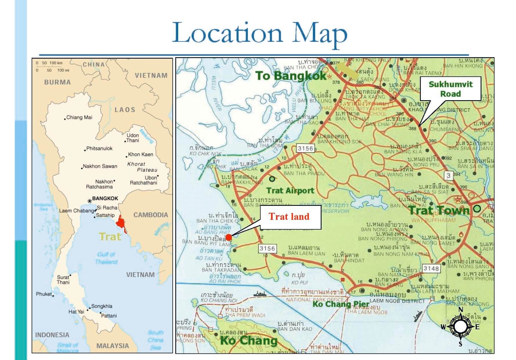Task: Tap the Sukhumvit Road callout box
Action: tap(450, 89)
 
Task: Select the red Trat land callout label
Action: tap(289, 217)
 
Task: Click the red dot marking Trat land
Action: tap(228, 237)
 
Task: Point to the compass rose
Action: tap(460, 327)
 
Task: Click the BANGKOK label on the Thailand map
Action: tap(105, 199)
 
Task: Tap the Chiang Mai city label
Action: tap(79, 118)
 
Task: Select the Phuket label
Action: tap(44, 294)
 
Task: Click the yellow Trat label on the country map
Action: tap(110, 237)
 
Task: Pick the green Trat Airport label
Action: tap(290, 191)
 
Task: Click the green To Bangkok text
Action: tap(291, 76)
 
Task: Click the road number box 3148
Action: tap(431, 269)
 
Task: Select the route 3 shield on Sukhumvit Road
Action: tap(449, 175)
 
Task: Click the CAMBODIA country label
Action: tap(151, 215)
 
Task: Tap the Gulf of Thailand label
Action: tap(106, 258)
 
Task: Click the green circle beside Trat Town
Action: tap(477, 208)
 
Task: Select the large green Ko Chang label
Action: tap(249, 341)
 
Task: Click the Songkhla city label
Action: tap(102, 306)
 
